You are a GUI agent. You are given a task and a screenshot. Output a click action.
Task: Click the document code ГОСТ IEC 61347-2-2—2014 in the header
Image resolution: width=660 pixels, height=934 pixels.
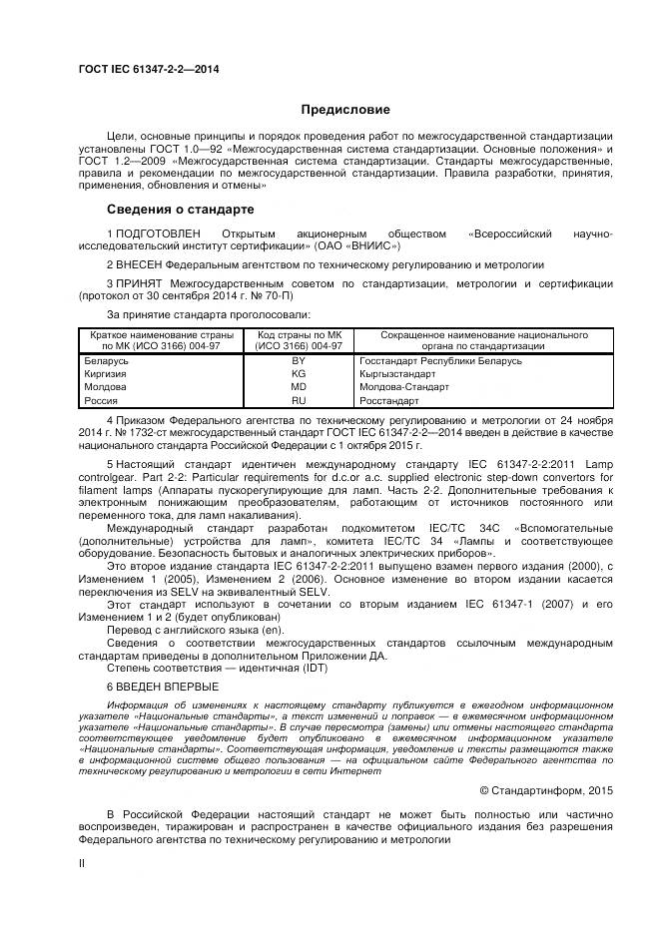pyautogui.click(x=149, y=69)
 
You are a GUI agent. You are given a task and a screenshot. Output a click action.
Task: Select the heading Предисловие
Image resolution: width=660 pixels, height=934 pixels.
pyautogui.click(x=340, y=110)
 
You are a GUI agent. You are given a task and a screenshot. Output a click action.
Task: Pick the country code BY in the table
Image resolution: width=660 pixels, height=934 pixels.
pyautogui.click(x=298, y=360)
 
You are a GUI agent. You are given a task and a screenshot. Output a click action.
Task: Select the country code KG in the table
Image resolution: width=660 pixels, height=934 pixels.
pyautogui.click(x=298, y=373)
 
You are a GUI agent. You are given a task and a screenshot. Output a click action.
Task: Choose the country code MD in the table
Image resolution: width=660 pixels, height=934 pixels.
pyautogui.click(x=298, y=386)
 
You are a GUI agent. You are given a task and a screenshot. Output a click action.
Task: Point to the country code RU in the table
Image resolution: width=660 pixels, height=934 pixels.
pyautogui.click(x=298, y=399)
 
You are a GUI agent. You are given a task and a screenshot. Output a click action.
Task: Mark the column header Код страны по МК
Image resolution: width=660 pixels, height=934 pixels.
pyautogui.click(x=299, y=335)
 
